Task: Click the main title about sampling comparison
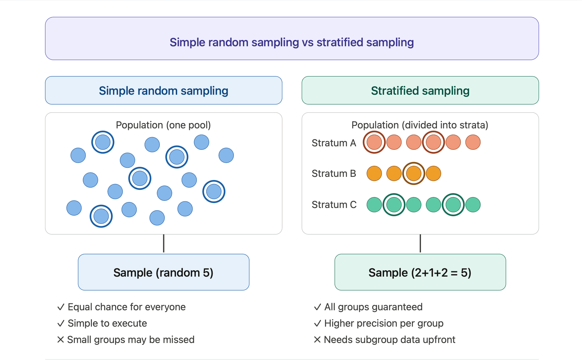pos(292,42)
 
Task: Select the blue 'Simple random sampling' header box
pos(163,91)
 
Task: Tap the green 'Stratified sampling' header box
pos(420,91)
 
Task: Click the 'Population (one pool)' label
pos(163,125)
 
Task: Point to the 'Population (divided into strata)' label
pos(420,125)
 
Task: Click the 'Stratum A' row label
pos(333,143)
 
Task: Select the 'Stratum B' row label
pos(333,173)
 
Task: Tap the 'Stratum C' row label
pos(334,205)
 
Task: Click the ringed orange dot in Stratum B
pos(414,173)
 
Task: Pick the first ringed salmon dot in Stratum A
pos(374,142)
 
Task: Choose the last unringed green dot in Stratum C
pos(473,205)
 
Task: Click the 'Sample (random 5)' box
pos(163,272)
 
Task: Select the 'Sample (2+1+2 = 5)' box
pos(420,272)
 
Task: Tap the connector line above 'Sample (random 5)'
pos(164,244)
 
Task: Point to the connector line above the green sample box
pos(420,244)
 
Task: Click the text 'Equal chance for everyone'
pos(126,307)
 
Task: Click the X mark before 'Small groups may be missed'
pos(61,340)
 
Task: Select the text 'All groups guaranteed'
pos(373,307)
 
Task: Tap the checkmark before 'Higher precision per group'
pos(317,323)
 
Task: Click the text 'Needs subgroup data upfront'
pos(389,340)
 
